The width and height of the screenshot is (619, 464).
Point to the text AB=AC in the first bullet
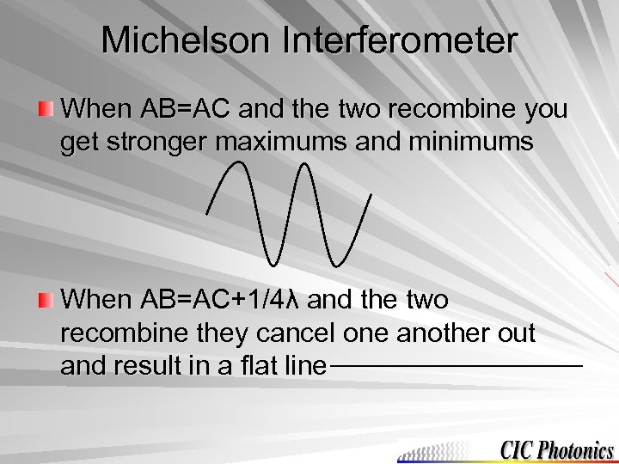point(179,110)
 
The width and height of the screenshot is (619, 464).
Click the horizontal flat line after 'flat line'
point(456,367)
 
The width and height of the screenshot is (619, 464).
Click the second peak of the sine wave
point(304,164)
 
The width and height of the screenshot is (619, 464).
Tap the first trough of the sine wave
point(273,261)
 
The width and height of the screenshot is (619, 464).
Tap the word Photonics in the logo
point(577,449)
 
